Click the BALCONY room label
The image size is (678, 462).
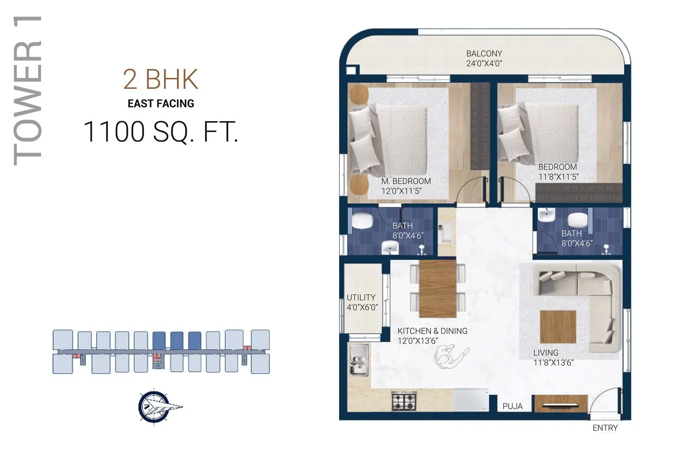(x=484, y=54)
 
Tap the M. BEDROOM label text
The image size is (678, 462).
(x=406, y=181)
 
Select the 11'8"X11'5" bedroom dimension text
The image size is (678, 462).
(x=558, y=177)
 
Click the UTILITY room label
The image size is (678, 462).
(x=361, y=297)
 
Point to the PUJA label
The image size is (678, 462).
(x=512, y=406)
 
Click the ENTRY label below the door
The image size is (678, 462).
(x=605, y=428)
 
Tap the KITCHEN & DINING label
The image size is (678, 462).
(x=432, y=331)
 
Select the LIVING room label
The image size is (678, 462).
(x=546, y=353)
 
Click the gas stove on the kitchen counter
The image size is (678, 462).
(x=404, y=401)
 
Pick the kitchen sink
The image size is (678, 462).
(x=358, y=360)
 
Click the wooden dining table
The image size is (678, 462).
(x=437, y=289)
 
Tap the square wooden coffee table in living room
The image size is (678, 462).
(x=558, y=326)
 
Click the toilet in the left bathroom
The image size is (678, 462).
(x=362, y=221)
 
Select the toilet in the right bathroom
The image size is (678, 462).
(x=578, y=220)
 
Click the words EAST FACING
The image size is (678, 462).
(x=161, y=103)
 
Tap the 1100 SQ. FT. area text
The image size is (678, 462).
(x=161, y=132)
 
